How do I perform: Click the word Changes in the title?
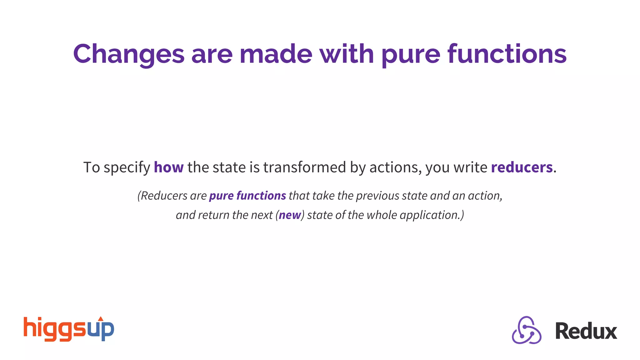tap(128, 54)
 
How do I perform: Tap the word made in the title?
tap(276, 54)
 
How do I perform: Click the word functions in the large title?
tap(507, 54)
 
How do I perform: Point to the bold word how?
tap(168, 167)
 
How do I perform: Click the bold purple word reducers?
tap(522, 167)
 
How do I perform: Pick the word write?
tap(470, 167)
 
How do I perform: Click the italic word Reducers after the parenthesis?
tap(164, 196)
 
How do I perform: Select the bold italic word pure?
tap(221, 196)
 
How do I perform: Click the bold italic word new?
tap(290, 215)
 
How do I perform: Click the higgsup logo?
tap(69, 329)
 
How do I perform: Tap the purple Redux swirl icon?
tap(527, 331)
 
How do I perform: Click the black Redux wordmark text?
tap(586, 331)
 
